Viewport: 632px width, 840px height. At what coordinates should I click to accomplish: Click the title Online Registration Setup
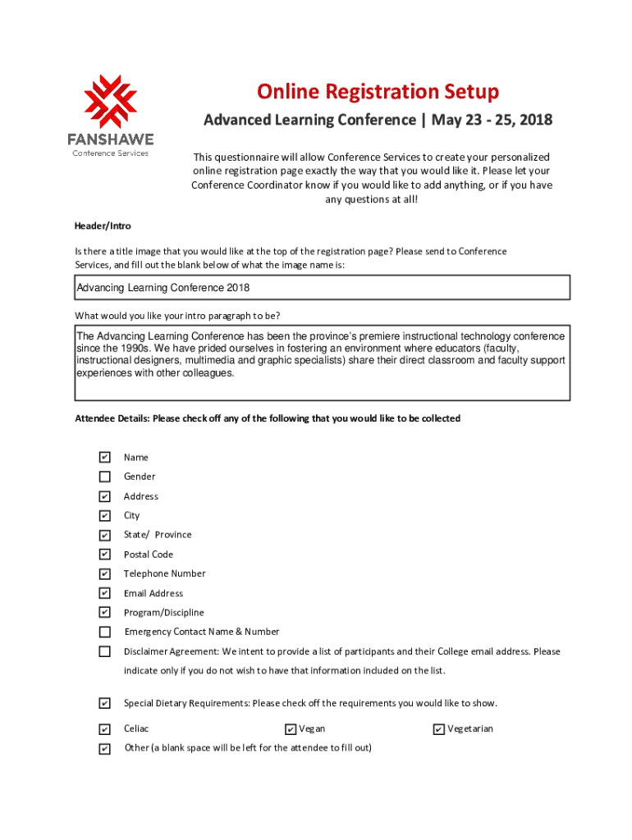click(378, 91)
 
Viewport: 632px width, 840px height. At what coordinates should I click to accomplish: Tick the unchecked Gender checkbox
click(104, 477)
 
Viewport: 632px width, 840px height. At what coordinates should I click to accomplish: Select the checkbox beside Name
click(104, 457)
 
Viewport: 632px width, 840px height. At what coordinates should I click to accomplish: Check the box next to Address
click(104, 496)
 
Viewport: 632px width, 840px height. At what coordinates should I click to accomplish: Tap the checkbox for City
click(104, 516)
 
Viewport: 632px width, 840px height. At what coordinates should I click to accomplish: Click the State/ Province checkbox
click(104, 535)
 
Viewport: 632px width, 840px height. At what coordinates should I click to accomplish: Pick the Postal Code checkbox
click(104, 555)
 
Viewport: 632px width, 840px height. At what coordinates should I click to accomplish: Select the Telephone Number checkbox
click(104, 574)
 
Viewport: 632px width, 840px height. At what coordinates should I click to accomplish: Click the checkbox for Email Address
click(104, 593)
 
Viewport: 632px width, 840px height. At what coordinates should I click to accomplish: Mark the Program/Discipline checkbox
click(104, 613)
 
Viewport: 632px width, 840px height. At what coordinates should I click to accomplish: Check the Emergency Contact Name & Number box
click(104, 632)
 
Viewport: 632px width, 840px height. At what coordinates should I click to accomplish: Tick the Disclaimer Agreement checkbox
click(104, 652)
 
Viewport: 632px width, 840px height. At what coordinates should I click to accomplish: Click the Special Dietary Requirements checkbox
click(104, 703)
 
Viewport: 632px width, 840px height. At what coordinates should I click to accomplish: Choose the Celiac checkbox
click(104, 729)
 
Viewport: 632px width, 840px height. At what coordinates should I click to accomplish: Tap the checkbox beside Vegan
click(291, 729)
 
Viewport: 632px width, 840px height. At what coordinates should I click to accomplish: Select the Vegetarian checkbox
click(439, 729)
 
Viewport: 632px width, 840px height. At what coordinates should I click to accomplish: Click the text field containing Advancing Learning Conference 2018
click(322, 288)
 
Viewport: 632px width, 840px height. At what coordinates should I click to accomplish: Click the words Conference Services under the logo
click(111, 153)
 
